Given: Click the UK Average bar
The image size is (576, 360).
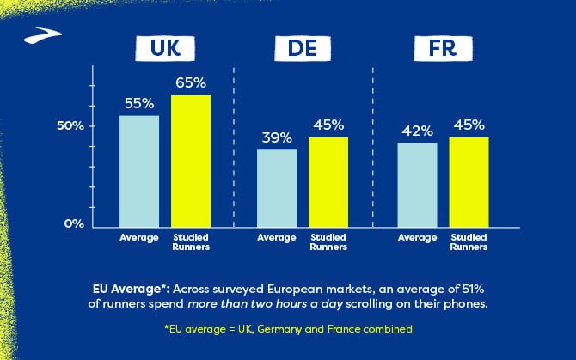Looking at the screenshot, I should (139, 169).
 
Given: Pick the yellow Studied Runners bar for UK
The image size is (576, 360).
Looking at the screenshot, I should (191, 160).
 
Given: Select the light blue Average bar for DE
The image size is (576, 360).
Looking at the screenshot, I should (277, 186).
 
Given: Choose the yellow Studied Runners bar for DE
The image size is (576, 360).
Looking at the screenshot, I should (328, 180).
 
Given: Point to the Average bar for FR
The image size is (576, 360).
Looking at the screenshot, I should (417, 183).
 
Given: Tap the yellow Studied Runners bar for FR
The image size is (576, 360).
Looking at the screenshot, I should (469, 180).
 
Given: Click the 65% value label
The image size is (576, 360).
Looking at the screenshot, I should (191, 83).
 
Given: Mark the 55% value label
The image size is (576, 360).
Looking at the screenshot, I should (139, 103).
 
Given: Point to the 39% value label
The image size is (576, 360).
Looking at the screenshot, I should (277, 137).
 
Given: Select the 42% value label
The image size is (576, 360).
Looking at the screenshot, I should (417, 131).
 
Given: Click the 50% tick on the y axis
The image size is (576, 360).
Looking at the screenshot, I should (70, 126).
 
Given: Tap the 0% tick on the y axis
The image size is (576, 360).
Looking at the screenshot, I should (75, 223).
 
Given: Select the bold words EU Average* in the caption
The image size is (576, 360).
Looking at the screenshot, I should (128, 289).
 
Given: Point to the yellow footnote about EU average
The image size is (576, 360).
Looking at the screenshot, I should (287, 329).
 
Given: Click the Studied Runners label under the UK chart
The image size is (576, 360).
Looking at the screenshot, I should (191, 241).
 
